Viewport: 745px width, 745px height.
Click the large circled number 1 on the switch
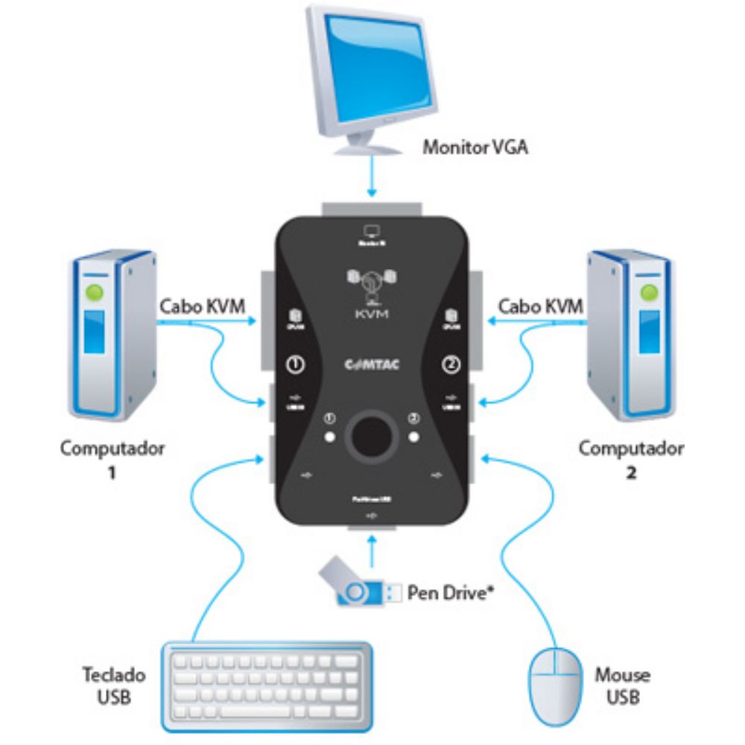[294, 365]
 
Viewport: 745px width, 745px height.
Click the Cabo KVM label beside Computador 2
[541, 306]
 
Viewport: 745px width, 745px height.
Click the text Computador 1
[112, 460]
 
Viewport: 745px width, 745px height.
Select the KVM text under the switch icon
[372, 314]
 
